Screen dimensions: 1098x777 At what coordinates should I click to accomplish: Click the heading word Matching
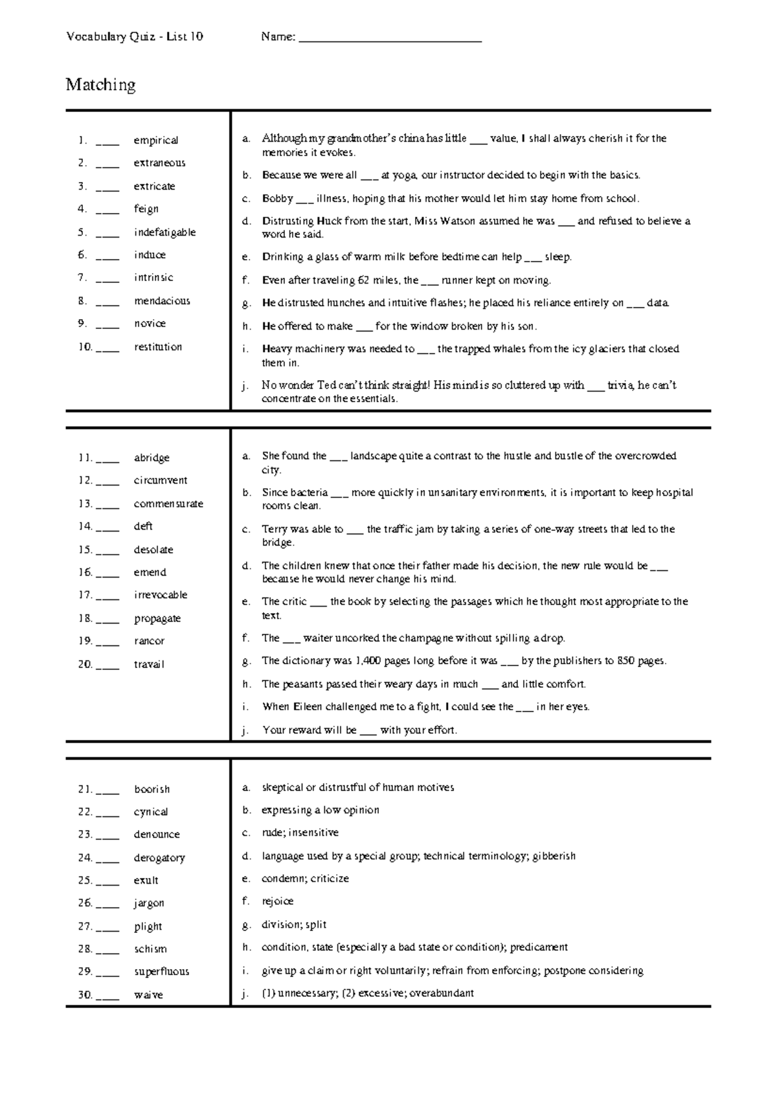[100, 85]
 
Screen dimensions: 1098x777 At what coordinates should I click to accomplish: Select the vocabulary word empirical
[155, 140]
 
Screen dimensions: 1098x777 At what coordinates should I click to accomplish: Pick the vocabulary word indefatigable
[164, 232]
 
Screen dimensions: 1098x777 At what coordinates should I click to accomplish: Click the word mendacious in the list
[162, 301]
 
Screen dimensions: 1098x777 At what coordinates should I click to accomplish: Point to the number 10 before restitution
[85, 347]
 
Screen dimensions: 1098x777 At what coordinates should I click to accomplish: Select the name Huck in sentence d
[329, 221]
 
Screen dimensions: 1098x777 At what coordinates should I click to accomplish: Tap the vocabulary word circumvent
[161, 480]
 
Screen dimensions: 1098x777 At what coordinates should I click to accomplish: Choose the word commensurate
[168, 504]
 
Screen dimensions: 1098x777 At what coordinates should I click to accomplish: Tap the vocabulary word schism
[150, 949]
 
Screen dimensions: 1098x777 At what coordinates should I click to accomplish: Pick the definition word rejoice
[277, 901]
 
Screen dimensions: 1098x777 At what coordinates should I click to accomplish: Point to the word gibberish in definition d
[554, 856]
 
